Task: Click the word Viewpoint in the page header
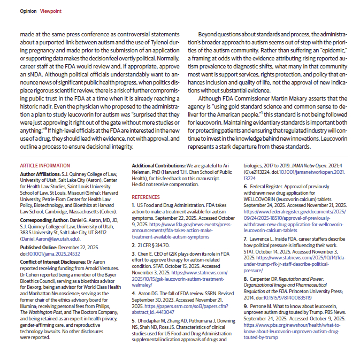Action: click(51, 11)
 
